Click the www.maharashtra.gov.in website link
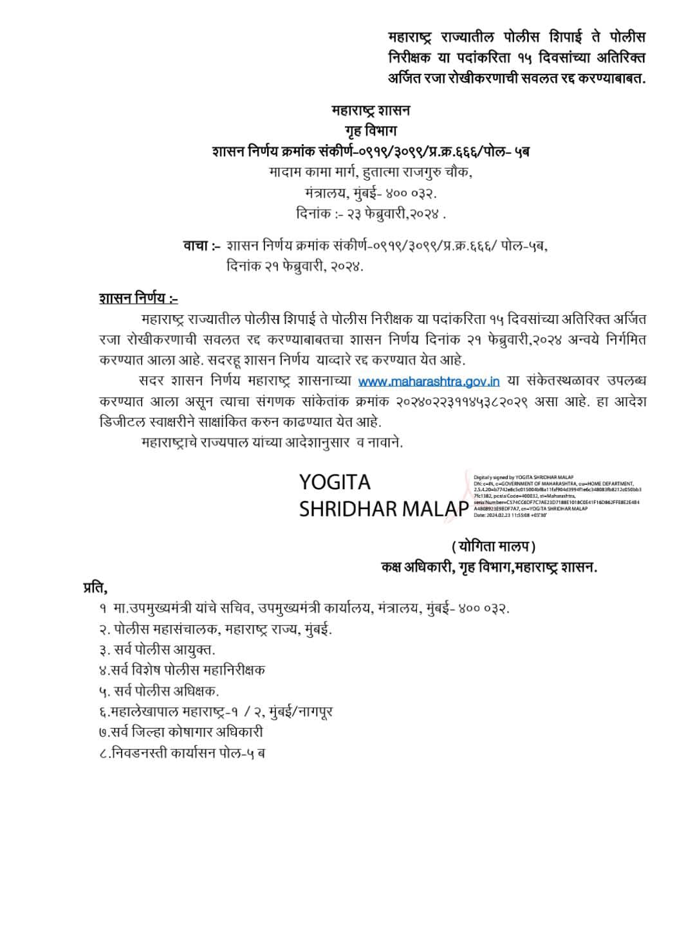[x=429, y=381]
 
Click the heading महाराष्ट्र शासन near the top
[x=371, y=111]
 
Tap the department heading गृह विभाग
[x=371, y=131]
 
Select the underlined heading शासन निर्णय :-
[x=138, y=298]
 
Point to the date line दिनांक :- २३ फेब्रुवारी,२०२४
[x=367, y=213]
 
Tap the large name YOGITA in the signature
[x=335, y=482]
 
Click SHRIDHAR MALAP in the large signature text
[x=384, y=509]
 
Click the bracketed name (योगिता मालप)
[x=494, y=547]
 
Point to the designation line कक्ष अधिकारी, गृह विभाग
[x=489, y=567]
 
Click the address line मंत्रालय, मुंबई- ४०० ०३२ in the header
[x=371, y=193]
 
